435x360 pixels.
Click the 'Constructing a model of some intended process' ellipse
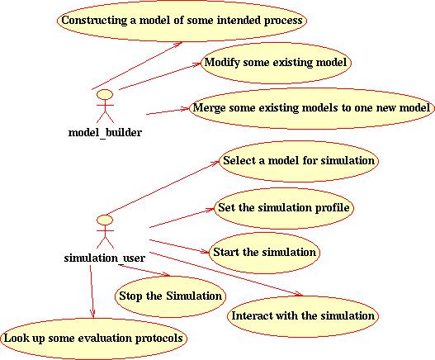pos(182,21)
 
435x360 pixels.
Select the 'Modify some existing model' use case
pos(276,63)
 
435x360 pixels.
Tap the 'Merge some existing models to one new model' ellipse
pos(312,108)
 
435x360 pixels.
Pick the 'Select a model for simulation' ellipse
pos(299,161)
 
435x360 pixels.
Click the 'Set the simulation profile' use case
pos(283,208)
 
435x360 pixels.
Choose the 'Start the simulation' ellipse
pos(264,253)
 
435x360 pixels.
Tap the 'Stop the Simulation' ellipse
pos(170,296)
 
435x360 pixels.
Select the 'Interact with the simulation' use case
pos(303,316)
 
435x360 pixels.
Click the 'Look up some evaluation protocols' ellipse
pos(93,339)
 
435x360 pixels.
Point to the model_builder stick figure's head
pos(105,94)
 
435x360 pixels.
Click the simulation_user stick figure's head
pos(105,220)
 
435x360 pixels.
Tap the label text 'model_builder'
pos(105,132)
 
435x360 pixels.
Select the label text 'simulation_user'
pos(105,258)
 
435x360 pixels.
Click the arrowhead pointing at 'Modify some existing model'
pos(197,64)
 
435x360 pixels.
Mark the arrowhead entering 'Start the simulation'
pos(206,252)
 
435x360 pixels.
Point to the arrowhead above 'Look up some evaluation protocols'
pos(92,315)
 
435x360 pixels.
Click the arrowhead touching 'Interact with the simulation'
pos(299,294)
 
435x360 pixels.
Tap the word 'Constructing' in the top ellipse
pos(94,21)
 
